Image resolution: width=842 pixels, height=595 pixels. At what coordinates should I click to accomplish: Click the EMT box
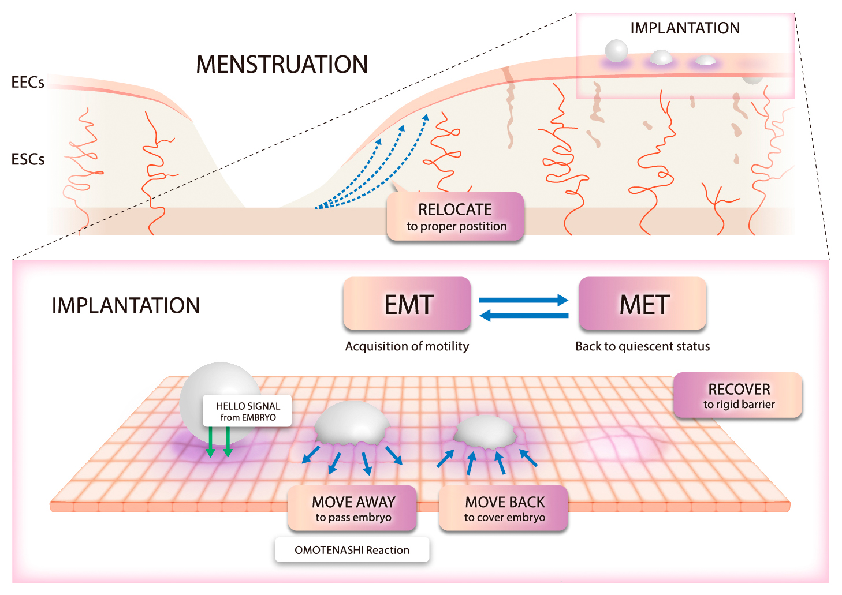click(x=407, y=304)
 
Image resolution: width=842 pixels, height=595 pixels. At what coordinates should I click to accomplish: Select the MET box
click(x=643, y=304)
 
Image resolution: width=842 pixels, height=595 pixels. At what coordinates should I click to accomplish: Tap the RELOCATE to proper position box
click(x=456, y=217)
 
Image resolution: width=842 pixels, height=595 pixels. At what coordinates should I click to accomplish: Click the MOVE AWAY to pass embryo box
click(x=353, y=508)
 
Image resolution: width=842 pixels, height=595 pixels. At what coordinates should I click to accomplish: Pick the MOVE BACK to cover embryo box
click(x=504, y=508)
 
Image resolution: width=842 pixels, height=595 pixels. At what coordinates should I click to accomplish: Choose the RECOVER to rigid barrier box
click(x=739, y=395)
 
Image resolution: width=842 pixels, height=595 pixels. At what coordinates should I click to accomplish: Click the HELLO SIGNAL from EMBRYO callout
click(x=248, y=411)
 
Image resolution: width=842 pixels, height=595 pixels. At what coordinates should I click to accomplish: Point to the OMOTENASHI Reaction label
click(x=352, y=550)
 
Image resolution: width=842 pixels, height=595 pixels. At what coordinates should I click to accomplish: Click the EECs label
click(x=28, y=83)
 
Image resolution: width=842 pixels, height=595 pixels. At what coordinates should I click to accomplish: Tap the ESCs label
click(x=28, y=159)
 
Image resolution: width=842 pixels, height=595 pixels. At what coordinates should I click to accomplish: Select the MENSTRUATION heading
click(x=282, y=65)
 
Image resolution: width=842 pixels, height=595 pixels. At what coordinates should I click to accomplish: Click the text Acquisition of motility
click(x=407, y=346)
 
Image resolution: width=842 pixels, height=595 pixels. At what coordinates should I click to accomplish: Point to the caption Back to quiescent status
click(x=642, y=346)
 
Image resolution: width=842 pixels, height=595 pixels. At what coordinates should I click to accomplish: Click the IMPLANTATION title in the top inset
click(x=685, y=28)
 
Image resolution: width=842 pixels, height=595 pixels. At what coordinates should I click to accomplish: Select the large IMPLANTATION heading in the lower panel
click(x=126, y=305)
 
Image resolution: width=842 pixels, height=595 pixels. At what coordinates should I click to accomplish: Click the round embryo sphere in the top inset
click(x=616, y=51)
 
